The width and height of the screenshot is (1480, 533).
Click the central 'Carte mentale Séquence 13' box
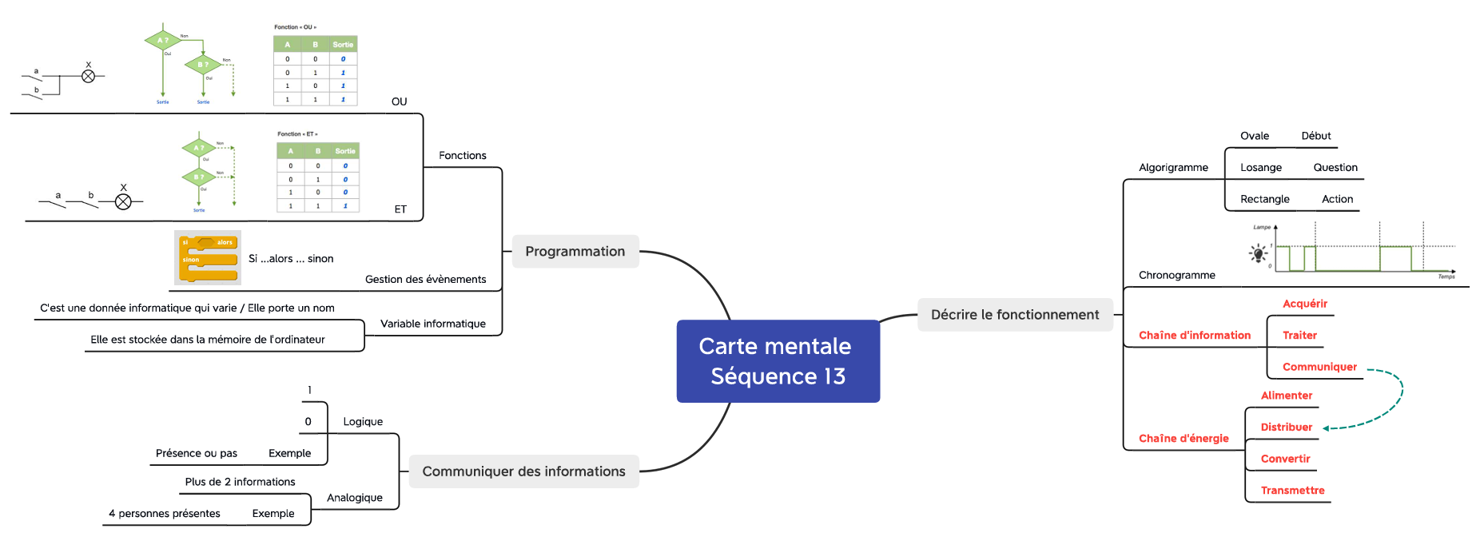coord(778,361)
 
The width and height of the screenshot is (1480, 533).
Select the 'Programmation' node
coord(575,251)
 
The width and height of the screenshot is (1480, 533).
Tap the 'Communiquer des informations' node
coord(523,471)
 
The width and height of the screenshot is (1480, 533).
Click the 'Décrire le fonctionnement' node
coord(1015,315)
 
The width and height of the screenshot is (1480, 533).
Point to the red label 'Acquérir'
coord(1304,304)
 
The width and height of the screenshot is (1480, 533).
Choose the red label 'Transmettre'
coord(1292,491)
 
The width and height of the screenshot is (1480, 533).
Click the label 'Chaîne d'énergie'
coord(1184,439)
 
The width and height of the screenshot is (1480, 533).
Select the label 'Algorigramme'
coord(1173,168)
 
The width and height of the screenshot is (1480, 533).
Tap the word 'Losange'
coord(1260,168)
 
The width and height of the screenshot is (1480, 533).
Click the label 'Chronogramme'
coord(1176,276)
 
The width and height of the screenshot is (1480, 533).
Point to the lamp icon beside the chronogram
coord(1259,254)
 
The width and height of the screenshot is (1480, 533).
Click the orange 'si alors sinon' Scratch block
coord(208,258)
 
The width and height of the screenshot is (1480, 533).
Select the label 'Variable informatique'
coord(432,324)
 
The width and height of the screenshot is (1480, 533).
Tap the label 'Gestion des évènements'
coord(425,280)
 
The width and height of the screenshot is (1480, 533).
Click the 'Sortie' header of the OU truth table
coord(343,45)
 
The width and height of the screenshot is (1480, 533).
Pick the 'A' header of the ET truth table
coord(290,151)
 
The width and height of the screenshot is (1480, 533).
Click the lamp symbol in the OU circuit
coord(89,76)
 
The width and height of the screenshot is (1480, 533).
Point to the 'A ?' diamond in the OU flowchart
coord(162,40)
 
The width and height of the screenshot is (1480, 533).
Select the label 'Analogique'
coord(354,498)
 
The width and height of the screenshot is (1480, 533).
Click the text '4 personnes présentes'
coord(165,514)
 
